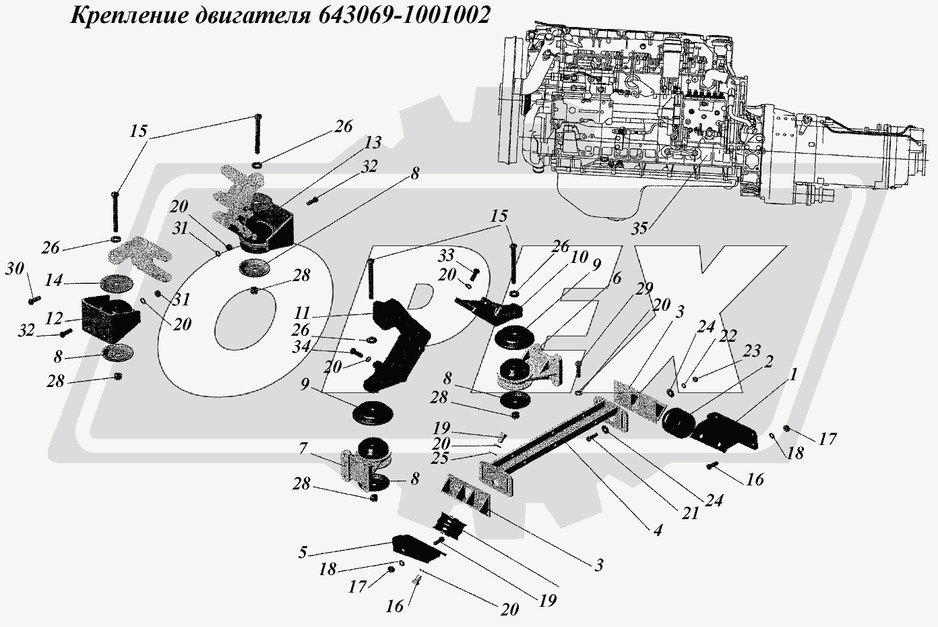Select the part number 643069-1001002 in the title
coord(401,16)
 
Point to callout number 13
coord(373,143)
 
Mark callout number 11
coord(302,313)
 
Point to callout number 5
coord(303,553)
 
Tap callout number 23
coord(752,350)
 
